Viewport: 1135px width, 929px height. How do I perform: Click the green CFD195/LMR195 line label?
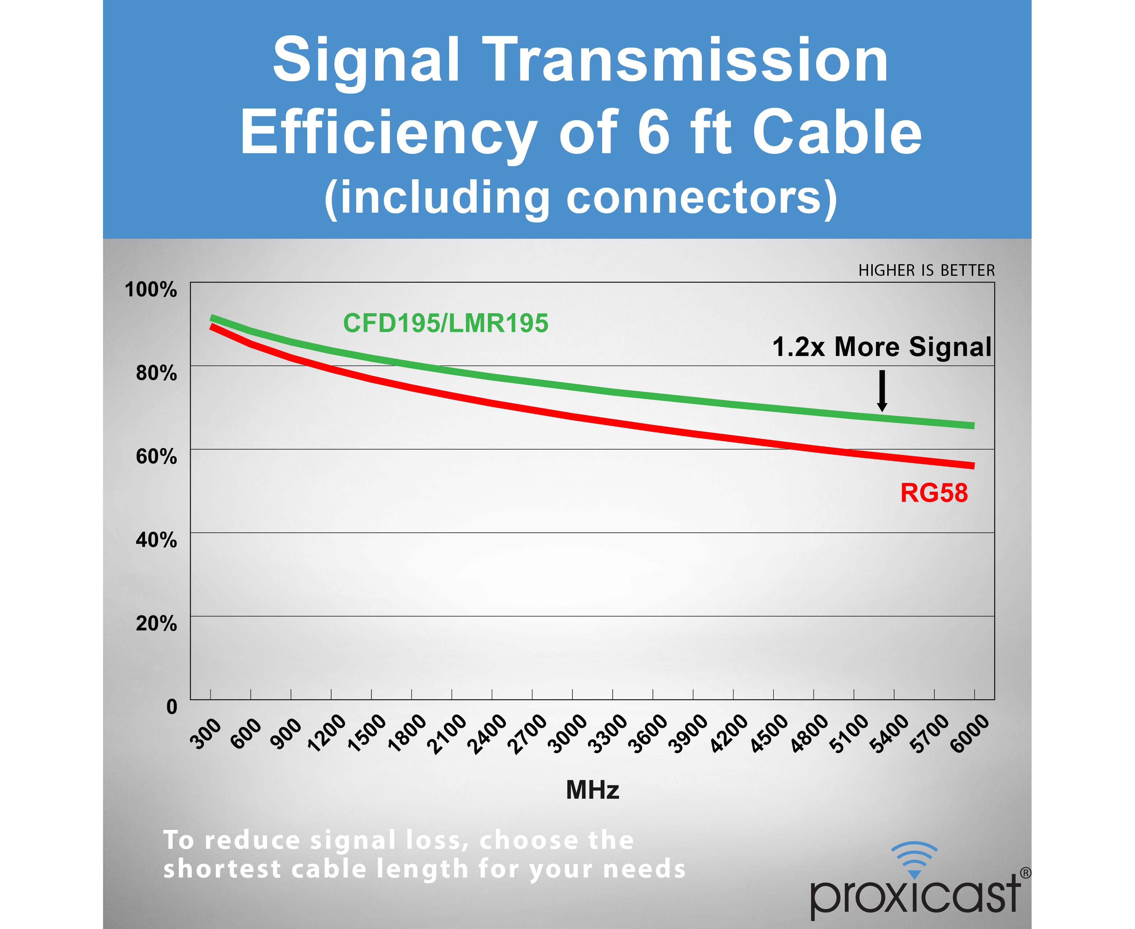tap(445, 323)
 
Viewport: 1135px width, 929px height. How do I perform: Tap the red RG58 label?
tap(934, 493)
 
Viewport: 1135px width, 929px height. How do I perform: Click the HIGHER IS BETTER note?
tap(926, 271)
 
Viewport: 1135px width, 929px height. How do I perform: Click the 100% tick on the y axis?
tap(151, 290)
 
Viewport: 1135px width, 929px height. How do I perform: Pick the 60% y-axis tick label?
tap(156, 457)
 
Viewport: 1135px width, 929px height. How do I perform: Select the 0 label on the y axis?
tap(172, 707)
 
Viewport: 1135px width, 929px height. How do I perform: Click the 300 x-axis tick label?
tap(206, 734)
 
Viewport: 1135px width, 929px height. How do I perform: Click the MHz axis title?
tap(593, 790)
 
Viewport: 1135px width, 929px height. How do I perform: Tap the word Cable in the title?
tap(838, 132)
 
